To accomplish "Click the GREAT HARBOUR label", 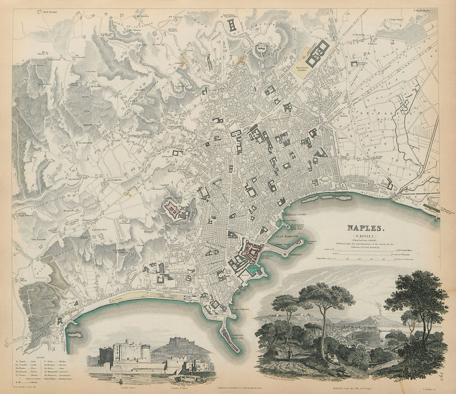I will click(285, 238).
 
